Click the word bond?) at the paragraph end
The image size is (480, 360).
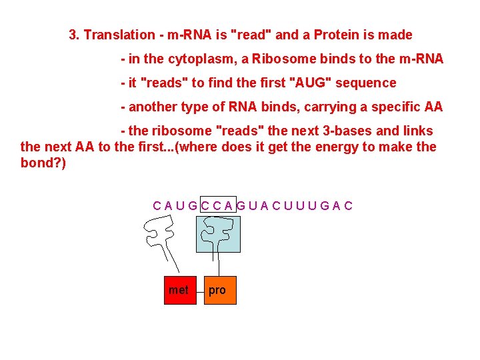(43, 163)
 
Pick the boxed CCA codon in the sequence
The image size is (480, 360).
(217, 205)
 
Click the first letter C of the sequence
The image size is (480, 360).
(157, 205)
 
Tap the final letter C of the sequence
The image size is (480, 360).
(349, 205)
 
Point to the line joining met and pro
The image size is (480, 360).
(200, 290)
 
